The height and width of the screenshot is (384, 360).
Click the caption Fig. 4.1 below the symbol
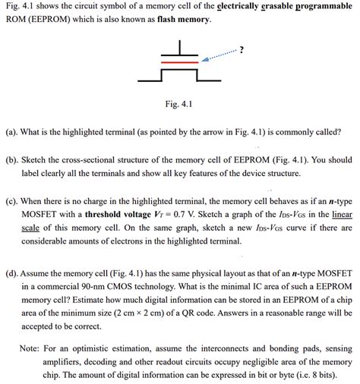coord(179,104)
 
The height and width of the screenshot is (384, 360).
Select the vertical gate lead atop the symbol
coord(180,46)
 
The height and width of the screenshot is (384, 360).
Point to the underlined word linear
coord(338,215)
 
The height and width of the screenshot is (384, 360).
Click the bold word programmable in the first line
coord(320,6)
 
